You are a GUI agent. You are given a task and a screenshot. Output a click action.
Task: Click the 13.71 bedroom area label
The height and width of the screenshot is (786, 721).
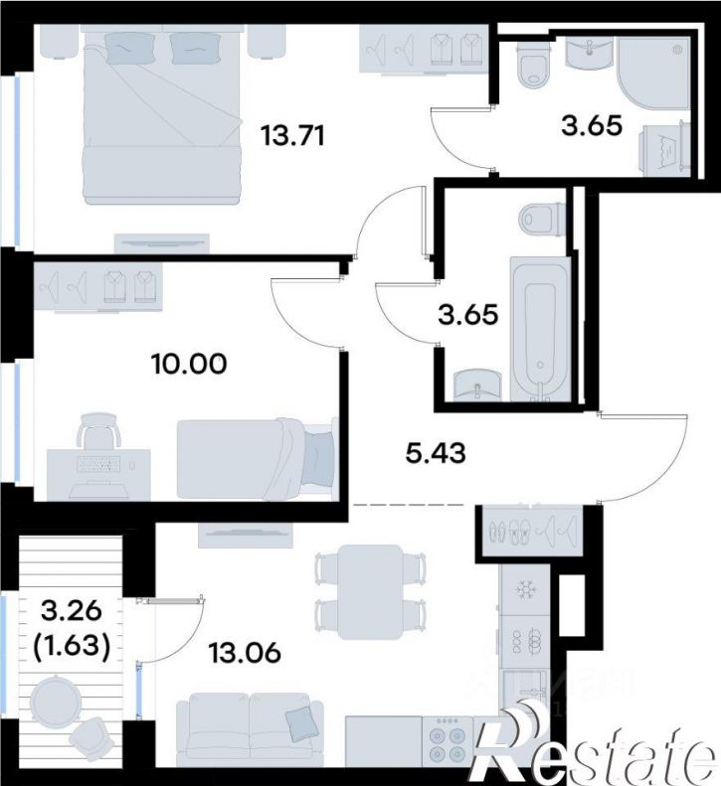click(x=293, y=136)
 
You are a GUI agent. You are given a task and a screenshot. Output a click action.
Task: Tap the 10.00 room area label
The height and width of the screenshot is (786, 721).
click(x=189, y=364)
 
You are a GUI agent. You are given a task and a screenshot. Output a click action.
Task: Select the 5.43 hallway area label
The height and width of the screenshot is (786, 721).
click(x=435, y=453)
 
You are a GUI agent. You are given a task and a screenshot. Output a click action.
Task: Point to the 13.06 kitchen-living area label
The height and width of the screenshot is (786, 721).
click(x=245, y=653)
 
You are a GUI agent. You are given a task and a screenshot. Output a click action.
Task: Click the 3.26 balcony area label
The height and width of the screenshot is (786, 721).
click(x=72, y=610)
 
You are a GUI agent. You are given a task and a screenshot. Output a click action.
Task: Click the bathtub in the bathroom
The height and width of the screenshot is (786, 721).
click(x=539, y=329)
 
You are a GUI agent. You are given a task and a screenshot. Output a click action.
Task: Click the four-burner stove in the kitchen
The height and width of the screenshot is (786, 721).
click(x=448, y=744)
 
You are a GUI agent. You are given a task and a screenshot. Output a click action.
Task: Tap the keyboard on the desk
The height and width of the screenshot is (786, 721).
click(x=98, y=465)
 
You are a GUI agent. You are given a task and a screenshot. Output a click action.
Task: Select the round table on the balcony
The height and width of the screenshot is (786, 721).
click(x=54, y=699)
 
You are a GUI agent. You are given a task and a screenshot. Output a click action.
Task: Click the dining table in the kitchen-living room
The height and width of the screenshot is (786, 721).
click(x=370, y=591)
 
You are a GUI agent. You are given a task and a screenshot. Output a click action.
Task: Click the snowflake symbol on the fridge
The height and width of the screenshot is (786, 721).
click(x=526, y=588)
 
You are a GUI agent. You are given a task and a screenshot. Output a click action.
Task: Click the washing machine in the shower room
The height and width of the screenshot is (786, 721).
click(x=663, y=149)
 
